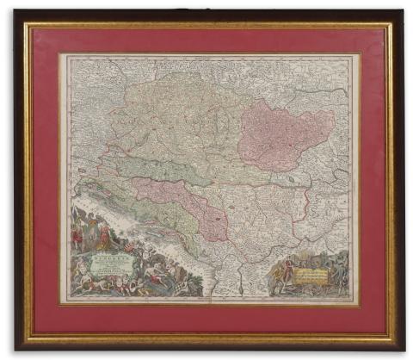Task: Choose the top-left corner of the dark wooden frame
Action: tap(16, 13)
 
